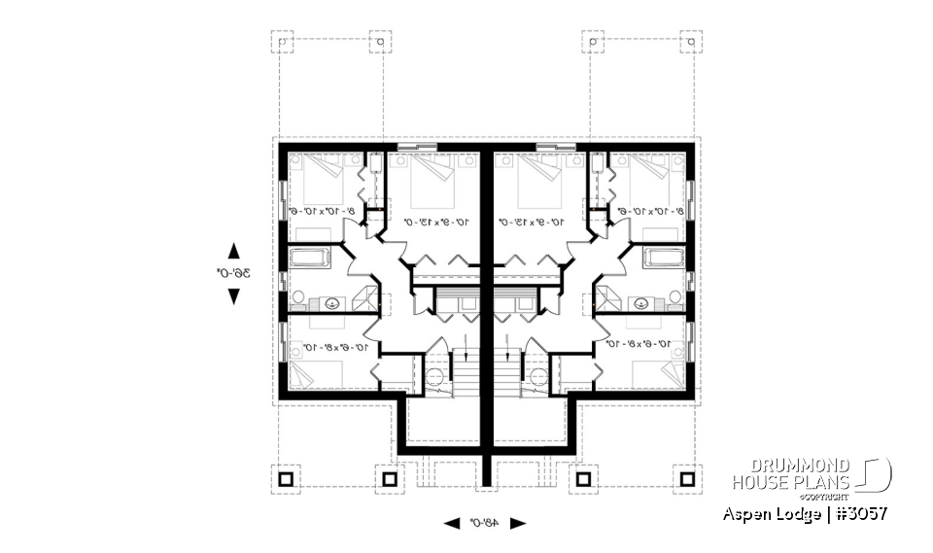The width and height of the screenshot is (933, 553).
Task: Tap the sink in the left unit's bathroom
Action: pos(334,302)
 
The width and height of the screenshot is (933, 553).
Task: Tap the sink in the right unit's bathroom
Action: pos(639,302)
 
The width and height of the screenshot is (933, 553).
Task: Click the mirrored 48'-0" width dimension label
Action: pos(485,523)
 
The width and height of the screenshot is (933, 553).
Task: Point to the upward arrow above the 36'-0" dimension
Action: pos(233,250)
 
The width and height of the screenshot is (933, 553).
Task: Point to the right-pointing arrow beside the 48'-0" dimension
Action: pos(518,523)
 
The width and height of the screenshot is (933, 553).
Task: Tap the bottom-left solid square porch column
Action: pos(286,479)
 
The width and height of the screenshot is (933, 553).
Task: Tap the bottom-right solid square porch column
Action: pos(688,479)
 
